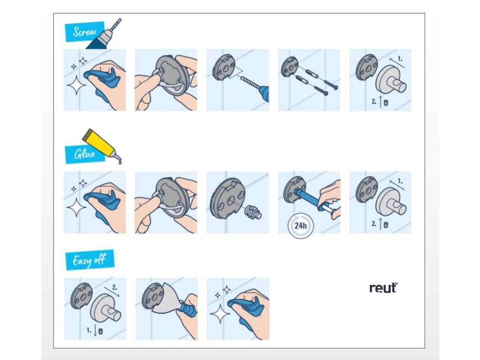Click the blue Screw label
pyautogui.click(x=85, y=31)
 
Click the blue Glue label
pyautogui.click(x=85, y=154)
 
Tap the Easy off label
pyautogui.click(x=90, y=260)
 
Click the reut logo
pyautogui.click(x=383, y=288)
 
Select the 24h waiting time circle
pyautogui.click(x=300, y=226)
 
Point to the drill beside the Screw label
pyautogui.click(x=104, y=34)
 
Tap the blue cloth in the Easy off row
pyautogui.click(x=246, y=310)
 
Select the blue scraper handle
pyautogui.click(x=188, y=310)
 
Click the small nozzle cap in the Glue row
pyautogui.click(x=253, y=211)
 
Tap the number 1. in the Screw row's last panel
pyautogui.click(x=400, y=59)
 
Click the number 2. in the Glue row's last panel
pyautogui.click(x=374, y=224)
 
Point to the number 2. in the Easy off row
pyautogui.click(x=114, y=287)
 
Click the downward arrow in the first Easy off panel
pyautogui.click(x=95, y=330)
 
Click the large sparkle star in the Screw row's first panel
pyautogui.click(x=76, y=85)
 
